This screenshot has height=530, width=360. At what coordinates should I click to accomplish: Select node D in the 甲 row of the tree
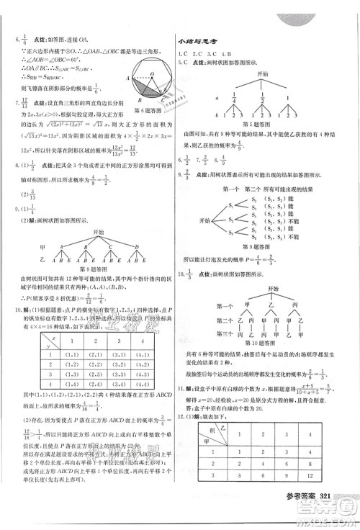[x=137, y=246]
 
